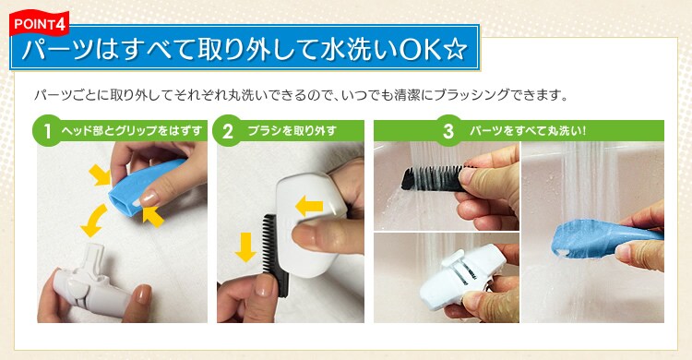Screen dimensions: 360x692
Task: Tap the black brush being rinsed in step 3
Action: coord(434,175)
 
